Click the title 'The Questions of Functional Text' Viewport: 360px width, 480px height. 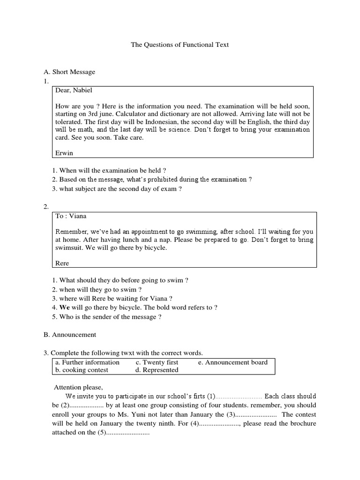click(x=180, y=45)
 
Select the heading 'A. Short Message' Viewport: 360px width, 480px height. click(x=69, y=72)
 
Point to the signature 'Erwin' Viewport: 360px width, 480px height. click(x=64, y=152)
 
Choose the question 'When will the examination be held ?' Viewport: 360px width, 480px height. click(x=109, y=171)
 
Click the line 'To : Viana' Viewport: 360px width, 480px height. click(x=71, y=216)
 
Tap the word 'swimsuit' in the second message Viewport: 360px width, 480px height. click(x=67, y=247)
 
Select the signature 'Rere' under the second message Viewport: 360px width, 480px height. click(x=62, y=263)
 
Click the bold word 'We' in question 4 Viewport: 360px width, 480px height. click(x=64, y=307)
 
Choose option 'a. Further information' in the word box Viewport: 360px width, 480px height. click(x=87, y=362)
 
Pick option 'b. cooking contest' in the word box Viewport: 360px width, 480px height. click(x=82, y=370)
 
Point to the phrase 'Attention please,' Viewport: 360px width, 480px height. click(x=78, y=387)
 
